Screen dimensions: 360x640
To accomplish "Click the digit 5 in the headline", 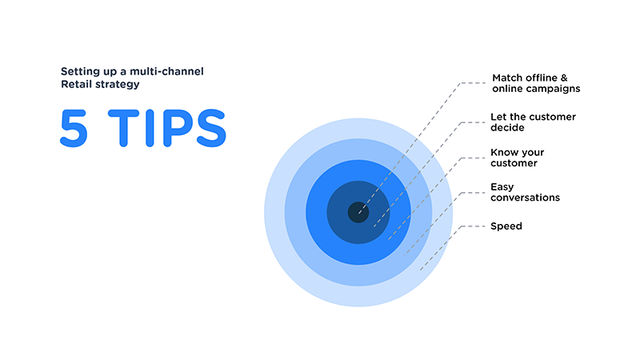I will click(x=76, y=128).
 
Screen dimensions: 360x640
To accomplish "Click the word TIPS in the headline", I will click(x=165, y=128).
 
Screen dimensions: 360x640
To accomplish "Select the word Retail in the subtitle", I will click(x=77, y=83).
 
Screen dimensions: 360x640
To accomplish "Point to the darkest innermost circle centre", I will click(x=358, y=213).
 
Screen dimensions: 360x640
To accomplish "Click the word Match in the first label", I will click(x=507, y=78).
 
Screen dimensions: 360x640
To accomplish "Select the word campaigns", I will click(x=553, y=89).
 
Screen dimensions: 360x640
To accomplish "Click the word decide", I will click(x=507, y=127).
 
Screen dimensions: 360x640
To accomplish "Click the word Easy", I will click(x=502, y=186).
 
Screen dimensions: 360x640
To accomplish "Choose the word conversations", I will click(x=525, y=198).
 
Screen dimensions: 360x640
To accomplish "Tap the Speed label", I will click(x=506, y=226).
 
